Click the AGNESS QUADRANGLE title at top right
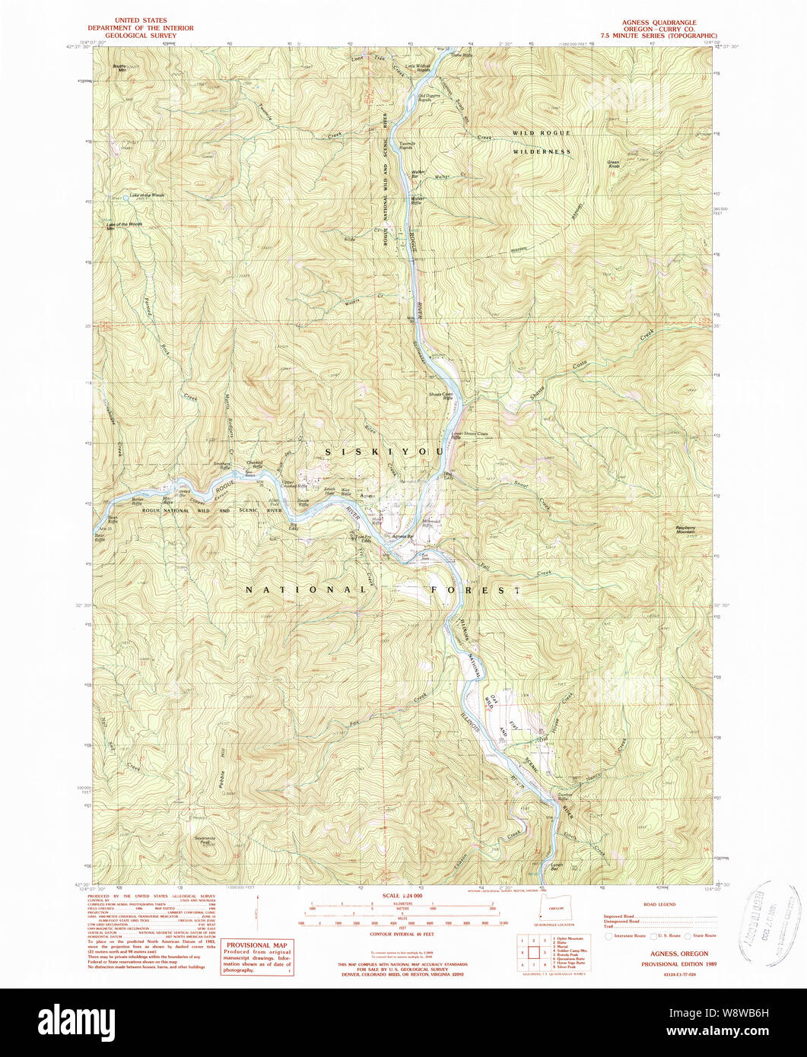(x=659, y=22)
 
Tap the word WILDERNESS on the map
(x=541, y=152)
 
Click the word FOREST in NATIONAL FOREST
(x=476, y=590)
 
